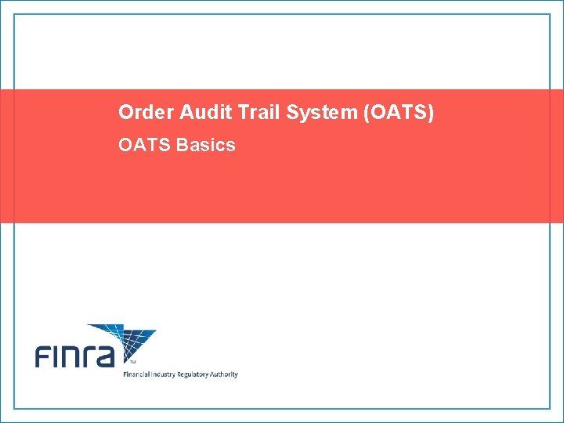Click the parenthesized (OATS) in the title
tap(398, 113)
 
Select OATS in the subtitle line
tap(144, 145)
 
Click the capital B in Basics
tap(183, 145)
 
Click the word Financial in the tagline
tap(138, 374)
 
